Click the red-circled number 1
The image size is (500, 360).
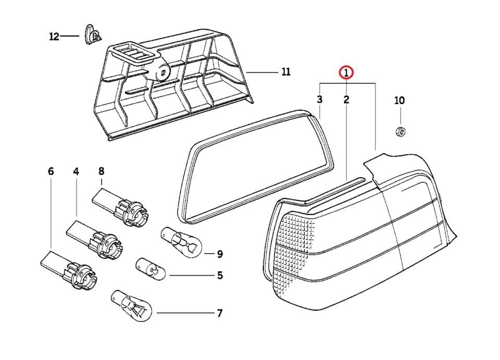click(x=346, y=73)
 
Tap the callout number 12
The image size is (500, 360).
click(x=54, y=36)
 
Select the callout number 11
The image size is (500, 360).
click(x=285, y=72)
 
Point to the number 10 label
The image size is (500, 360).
click(x=399, y=101)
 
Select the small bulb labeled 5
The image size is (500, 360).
click(x=151, y=269)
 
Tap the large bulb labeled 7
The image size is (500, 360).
click(x=132, y=307)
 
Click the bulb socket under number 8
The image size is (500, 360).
click(x=122, y=207)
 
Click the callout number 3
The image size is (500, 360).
click(x=320, y=99)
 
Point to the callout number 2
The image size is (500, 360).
click(x=346, y=99)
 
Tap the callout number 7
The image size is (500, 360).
click(x=219, y=313)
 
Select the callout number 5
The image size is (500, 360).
click(x=220, y=275)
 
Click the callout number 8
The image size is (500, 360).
click(x=101, y=171)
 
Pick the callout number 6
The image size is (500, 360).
click(x=51, y=171)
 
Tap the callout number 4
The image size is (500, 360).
click(x=76, y=171)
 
